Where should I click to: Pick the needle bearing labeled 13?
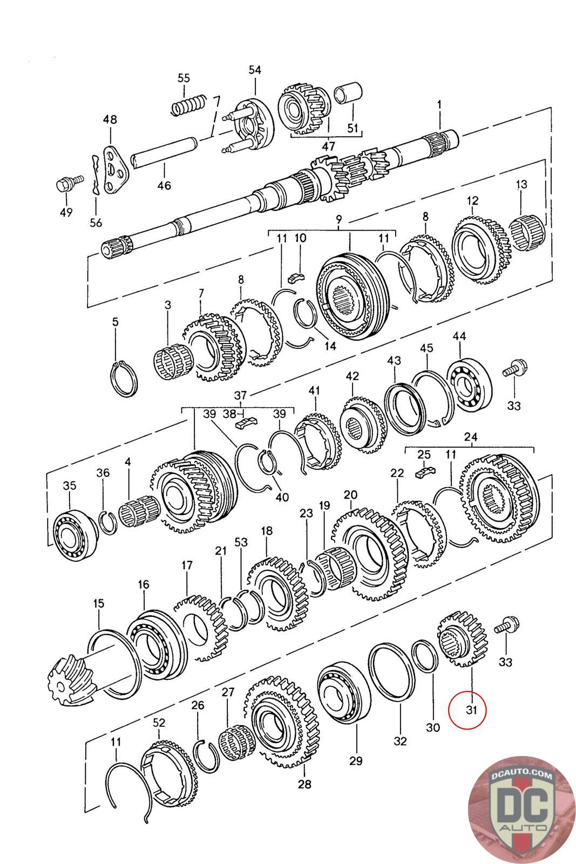pos(528,233)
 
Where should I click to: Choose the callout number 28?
pos(304,784)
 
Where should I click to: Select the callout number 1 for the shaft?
pos(439,104)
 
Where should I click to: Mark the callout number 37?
pos(240,396)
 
